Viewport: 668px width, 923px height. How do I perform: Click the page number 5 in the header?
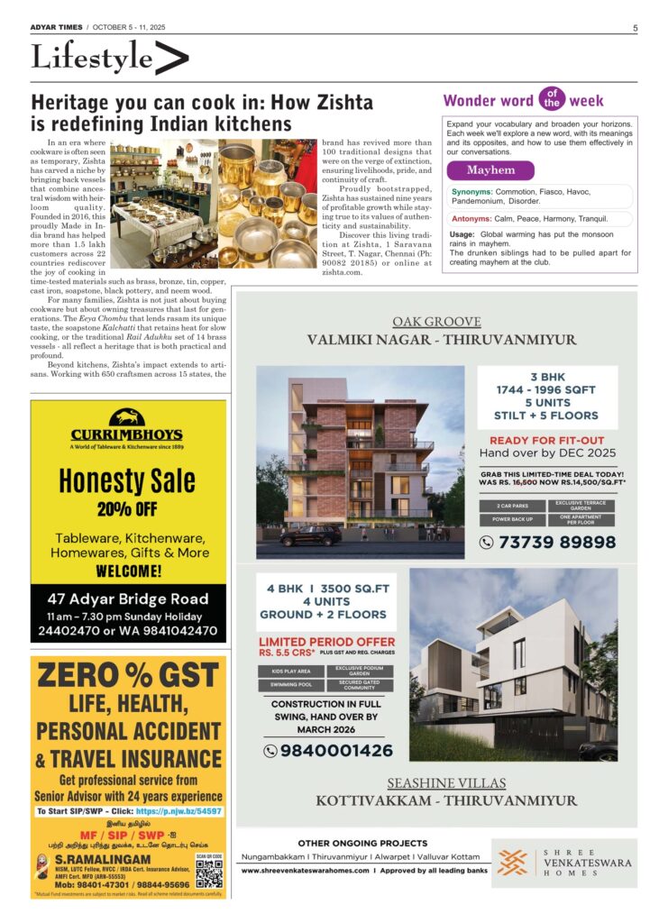pyautogui.click(x=635, y=28)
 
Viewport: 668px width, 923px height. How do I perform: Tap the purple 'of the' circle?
pyautogui.click(x=551, y=97)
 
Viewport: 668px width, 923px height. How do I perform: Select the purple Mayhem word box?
pyautogui.click(x=490, y=170)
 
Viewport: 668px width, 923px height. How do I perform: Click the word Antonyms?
pyautogui.click(x=471, y=218)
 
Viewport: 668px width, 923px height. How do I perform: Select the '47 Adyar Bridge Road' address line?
pyautogui.click(x=127, y=599)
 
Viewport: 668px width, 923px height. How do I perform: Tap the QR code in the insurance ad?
pyautogui.click(x=208, y=873)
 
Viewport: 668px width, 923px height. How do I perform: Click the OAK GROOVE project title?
pyautogui.click(x=436, y=322)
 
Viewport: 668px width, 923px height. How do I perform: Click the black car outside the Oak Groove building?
pyautogui.click(x=310, y=535)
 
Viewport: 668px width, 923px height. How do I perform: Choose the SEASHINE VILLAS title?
pyautogui.click(x=446, y=782)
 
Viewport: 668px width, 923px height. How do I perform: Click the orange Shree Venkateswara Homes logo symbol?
pyautogui.click(x=513, y=863)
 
